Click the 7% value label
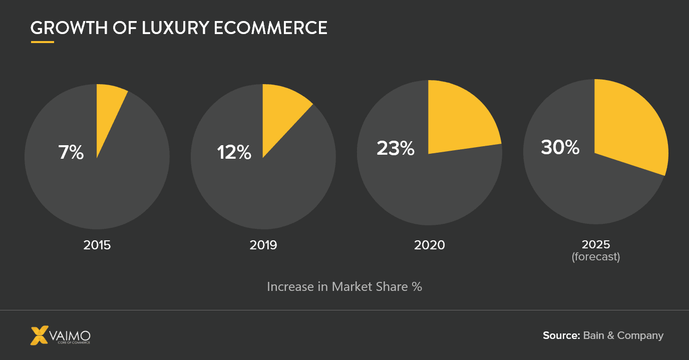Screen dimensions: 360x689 pos(71,152)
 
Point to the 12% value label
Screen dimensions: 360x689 pos(234,152)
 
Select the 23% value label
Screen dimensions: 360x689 pos(396,148)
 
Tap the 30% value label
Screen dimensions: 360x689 pos(560,148)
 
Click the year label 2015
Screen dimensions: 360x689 pos(97,245)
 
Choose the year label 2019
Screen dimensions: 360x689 pos(263,245)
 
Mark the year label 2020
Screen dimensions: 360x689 pos(429,245)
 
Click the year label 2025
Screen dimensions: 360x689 pos(596,244)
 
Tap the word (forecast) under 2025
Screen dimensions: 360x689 pos(596,257)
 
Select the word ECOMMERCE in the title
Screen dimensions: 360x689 pos(270,28)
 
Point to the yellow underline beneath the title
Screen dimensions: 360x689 pos(42,42)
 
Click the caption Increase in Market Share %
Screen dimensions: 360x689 pos(344,286)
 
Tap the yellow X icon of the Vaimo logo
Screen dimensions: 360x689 pos(40,335)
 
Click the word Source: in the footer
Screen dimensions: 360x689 pos(561,335)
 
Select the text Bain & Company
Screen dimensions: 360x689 pos(623,335)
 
